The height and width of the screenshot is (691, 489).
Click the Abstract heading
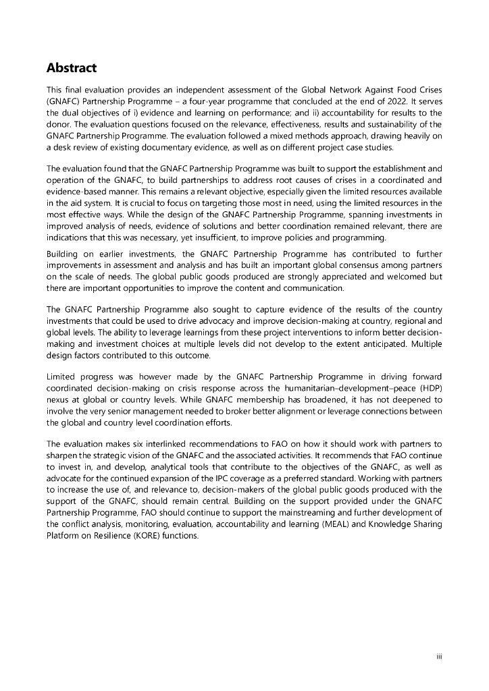coord(72,68)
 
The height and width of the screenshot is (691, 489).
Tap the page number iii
coord(439,655)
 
